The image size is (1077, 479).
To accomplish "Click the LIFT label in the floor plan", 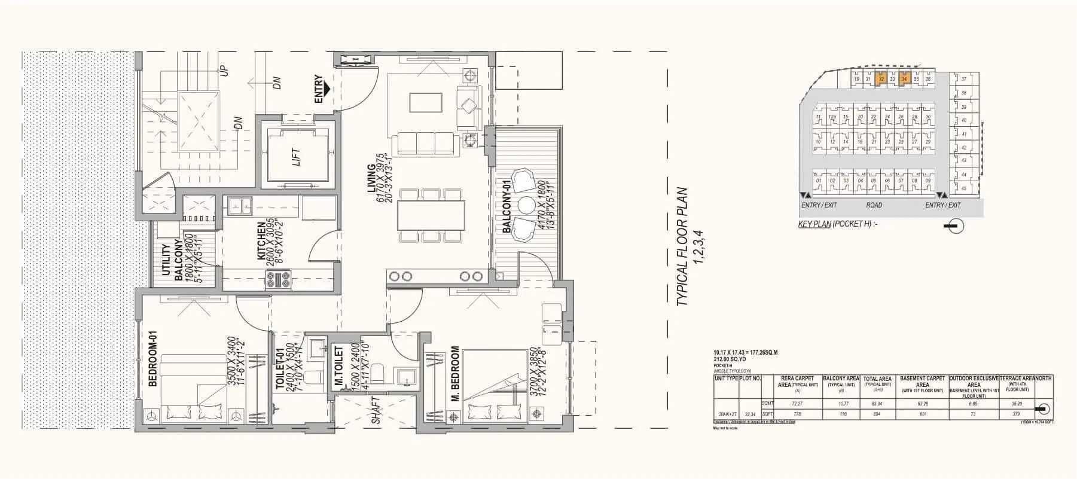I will (295, 157).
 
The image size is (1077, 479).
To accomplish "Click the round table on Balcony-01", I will (526, 205).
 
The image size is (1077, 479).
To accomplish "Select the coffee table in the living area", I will (426, 102).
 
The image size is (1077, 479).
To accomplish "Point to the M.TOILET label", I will (338, 366).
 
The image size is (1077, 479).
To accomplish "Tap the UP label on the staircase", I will (225, 70).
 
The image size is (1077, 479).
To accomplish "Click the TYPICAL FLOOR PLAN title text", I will (682, 247).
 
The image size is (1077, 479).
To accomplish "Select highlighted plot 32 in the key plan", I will (881, 78).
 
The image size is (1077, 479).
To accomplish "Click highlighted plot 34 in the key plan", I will (905, 78).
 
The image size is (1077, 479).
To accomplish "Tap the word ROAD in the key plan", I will (874, 205).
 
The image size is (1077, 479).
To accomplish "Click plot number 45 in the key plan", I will (964, 188).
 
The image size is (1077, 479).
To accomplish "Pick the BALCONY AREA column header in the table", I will (841, 380).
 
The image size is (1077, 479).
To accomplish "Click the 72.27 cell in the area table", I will (797, 404).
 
